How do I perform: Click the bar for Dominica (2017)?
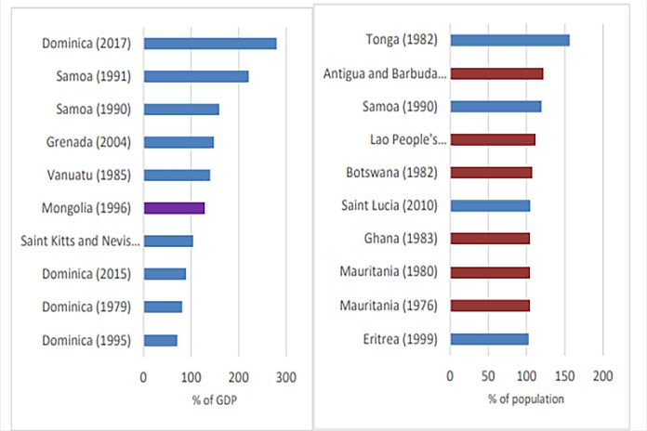click(x=210, y=43)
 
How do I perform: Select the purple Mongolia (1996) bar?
click(x=174, y=208)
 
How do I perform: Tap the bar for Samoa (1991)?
click(x=196, y=76)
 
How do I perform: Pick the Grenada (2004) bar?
click(x=178, y=142)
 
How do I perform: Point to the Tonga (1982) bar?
click(x=509, y=40)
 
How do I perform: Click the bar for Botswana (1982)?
click(x=491, y=173)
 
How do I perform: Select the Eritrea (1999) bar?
click(x=489, y=339)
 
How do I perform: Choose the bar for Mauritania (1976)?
click(x=490, y=306)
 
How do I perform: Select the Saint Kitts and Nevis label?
click(x=80, y=242)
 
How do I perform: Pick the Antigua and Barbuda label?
click(x=385, y=73)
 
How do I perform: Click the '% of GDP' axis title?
click(x=216, y=400)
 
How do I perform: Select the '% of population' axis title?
click(x=526, y=400)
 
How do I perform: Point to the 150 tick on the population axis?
click(x=564, y=377)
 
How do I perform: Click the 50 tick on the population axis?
click(x=488, y=377)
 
